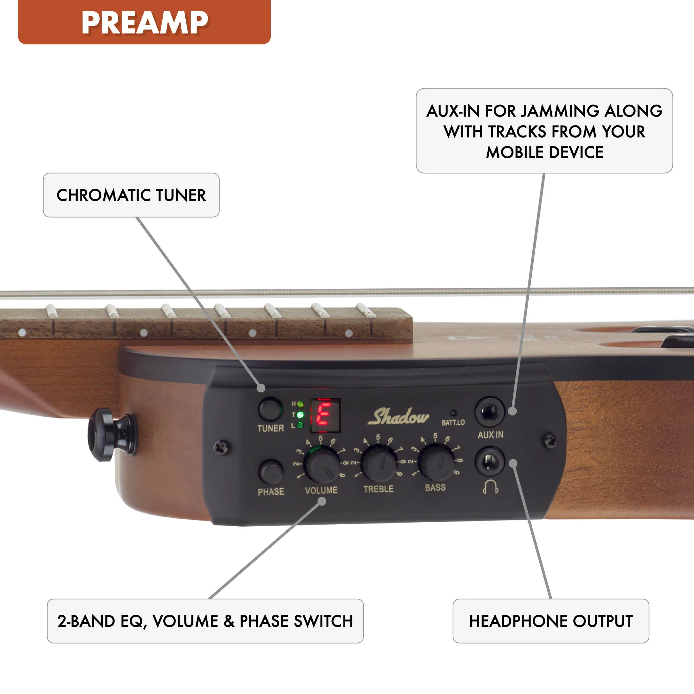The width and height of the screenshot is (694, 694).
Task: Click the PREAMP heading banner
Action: pyautogui.click(x=144, y=22)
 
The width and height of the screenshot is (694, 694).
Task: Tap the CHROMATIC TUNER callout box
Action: pyautogui.click(x=131, y=195)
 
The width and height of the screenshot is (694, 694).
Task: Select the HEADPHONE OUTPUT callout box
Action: pyautogui.click(x=551, y=621)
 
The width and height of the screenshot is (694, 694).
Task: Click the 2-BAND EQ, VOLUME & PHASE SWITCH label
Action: pyautogui.click(x=205, y=621)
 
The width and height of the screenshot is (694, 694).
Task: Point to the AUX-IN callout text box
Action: pyautogui.click(x=544, y=131)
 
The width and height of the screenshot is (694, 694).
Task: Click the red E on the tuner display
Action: pyautogui.click(x=324, y=414)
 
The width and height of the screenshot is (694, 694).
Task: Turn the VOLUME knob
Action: pyautogui.click(x=322, y=465)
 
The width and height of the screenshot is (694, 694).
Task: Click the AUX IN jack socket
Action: pyautogui.click(x=490, y=411)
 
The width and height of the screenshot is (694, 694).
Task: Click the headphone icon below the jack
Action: pyautogui.click(x=491, y=487)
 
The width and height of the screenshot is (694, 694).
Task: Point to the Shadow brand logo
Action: pyautogui.click(x=398, y=417)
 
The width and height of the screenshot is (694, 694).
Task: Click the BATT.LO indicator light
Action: pyautogui.click(x=453, y=413)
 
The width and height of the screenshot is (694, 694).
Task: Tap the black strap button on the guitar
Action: pyautogui.click(x=112, y=435)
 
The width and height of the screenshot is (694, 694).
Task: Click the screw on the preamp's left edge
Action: pyautogui.click(x=221, y=447)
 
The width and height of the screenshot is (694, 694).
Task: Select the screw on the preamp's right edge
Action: pyautogui.click(x=550, y=441)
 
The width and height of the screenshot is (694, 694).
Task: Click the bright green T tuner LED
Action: pyautogui.click(x=300, y=415)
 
